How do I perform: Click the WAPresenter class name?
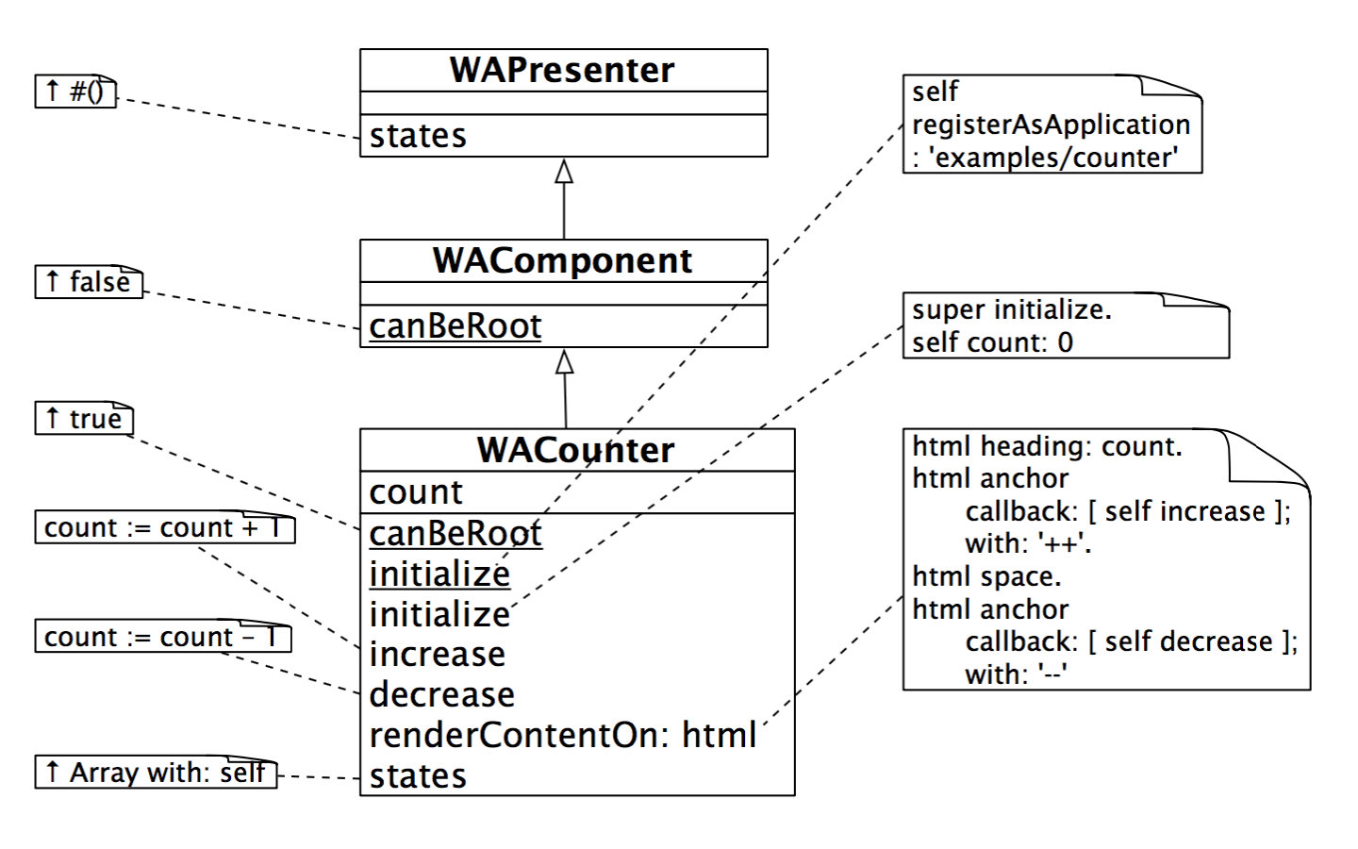coord(562,71)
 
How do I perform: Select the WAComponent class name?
coord(562,261)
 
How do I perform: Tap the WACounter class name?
coord(575,450)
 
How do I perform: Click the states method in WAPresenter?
coord(418,136)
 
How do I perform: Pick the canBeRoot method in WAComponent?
coord(455,326)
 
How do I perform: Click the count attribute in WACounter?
coord(416,492)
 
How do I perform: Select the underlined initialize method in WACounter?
coord(439,574)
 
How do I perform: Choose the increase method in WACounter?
coord(437,654)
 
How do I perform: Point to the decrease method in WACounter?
coord(441,695)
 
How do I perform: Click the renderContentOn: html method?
coord(562,735)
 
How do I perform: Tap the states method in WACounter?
coord(418,776)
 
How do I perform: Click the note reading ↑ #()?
coord(75,92)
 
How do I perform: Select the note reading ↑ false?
coord(89,282)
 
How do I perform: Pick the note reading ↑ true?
coord(84,419)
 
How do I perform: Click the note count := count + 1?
coord(164,528)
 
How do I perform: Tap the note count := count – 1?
coord(162,638)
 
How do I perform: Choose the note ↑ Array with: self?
coord(156,773)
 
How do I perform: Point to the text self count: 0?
coord(992,342)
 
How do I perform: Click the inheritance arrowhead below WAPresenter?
coord(564,171)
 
